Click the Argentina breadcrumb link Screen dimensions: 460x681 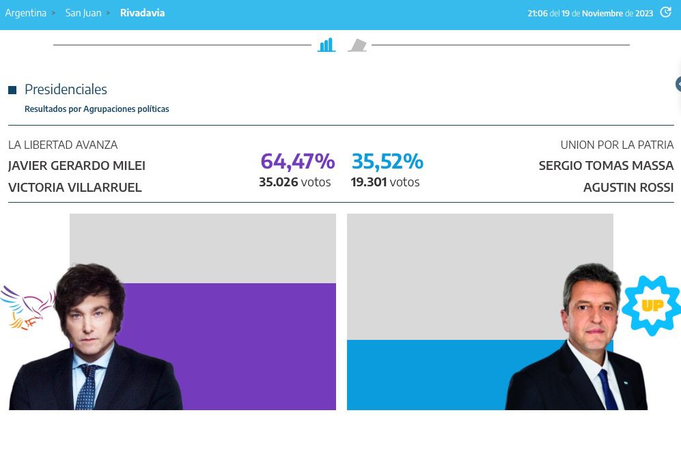26,13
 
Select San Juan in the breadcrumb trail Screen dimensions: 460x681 83,13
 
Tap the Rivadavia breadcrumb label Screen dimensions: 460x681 142,13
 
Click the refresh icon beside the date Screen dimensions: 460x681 665,12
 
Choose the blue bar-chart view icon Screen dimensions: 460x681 326,45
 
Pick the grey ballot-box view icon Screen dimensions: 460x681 357,46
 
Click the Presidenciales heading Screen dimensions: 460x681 66,89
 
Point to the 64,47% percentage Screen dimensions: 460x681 297,162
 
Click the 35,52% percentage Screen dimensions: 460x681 387,162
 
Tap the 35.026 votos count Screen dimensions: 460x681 294,182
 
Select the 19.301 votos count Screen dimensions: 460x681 385,182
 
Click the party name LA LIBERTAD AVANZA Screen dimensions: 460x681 63,145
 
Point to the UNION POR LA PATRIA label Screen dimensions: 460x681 617,145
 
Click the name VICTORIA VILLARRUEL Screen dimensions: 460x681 75,188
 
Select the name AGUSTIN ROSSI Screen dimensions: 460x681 628,188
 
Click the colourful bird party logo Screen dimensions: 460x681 27,307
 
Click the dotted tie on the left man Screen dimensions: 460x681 87,387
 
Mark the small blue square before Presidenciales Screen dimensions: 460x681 12,90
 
